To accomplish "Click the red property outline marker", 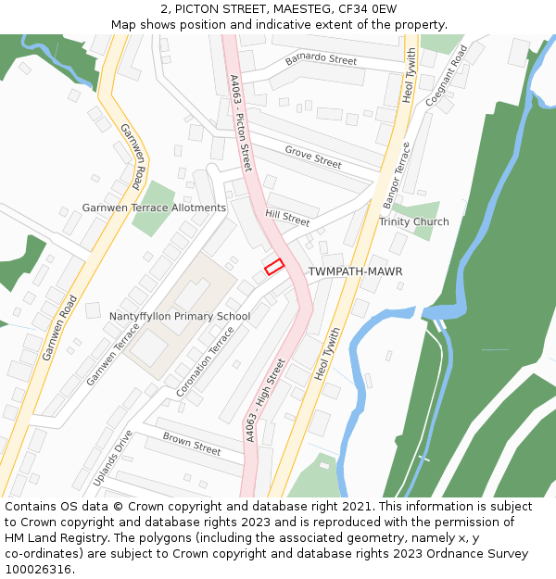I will [x=273, y=267].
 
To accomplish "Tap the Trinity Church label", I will [x=413, y=221].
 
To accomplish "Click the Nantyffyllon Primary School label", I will [x=180, y=316].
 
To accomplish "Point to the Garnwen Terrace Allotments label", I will [x=154, y=208].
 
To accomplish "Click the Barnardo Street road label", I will [x=321, y=60].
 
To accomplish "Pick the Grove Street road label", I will [x=313, y=157].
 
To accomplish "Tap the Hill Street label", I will [x=287, y=219].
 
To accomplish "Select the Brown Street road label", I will [x=192, y=444].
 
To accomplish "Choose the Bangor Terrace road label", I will [x=396, y=175].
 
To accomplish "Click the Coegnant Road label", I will [x=447, y=74].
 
